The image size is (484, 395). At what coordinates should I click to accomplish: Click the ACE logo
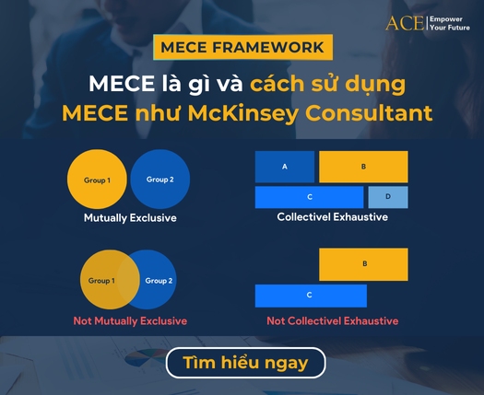coord(404,23)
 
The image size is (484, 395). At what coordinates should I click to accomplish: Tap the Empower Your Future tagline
coord(451,23)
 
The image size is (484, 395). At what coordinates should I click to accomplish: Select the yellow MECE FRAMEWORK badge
coord(242,47)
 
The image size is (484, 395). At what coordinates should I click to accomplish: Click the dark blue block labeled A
coord(284,167)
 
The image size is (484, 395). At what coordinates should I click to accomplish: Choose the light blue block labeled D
coord(387,197)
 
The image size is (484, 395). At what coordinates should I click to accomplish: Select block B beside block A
coord(363,167)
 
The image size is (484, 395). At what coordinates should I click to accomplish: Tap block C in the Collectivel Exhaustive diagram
coord(310,197)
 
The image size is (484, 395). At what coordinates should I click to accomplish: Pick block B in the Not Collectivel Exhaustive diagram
coord(364,264)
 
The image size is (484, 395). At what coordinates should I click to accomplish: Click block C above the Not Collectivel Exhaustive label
coord(310,296)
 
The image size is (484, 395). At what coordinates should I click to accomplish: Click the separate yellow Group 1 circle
coord(97,179)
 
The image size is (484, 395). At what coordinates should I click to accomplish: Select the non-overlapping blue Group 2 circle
coord(160,179)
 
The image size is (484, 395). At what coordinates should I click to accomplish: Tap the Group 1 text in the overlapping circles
coord(100,280)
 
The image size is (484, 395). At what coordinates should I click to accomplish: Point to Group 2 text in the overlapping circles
coord(159,280)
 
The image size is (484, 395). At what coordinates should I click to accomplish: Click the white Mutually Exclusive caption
coord(130,218)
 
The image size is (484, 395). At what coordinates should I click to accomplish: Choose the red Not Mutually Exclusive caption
coord(130,320)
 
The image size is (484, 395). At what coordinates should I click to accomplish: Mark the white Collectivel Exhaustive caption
coord(332,217)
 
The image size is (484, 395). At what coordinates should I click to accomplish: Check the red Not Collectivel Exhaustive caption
coord(332,320)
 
